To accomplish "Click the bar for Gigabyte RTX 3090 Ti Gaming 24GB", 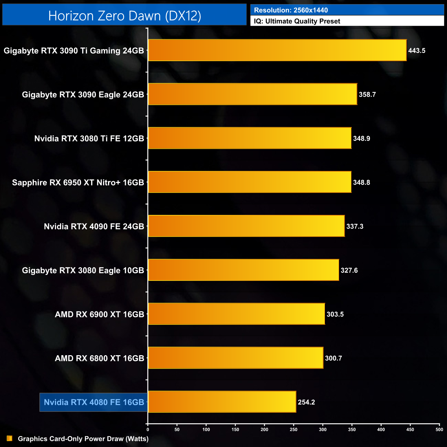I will click(277, 50).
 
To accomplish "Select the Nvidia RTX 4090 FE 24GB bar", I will click(246, 226).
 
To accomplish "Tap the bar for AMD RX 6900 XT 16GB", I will click(236, 314).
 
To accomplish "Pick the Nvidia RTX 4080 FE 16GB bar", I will click(222, 402).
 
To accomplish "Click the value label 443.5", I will click(417, 51).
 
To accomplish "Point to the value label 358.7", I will click(367, 95).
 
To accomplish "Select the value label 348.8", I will click(361, 183).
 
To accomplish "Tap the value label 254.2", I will click(306, 402).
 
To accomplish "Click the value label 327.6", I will click(349, 271).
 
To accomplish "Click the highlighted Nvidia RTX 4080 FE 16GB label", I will click(94, 402).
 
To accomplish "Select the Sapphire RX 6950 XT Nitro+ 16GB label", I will click(78, 183).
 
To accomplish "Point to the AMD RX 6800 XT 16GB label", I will click(99, 358).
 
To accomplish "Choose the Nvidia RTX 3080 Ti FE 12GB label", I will click(89, 139).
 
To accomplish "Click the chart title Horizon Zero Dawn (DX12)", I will click(124, 16).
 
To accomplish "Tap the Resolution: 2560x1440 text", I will click(291, 10).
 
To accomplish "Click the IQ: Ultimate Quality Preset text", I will click(297, 21).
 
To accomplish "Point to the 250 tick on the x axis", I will click(294, 429).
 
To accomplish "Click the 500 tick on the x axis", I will click(439, 429).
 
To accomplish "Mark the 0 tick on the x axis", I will click(148, 429).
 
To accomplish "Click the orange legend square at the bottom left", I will click(10, 438).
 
